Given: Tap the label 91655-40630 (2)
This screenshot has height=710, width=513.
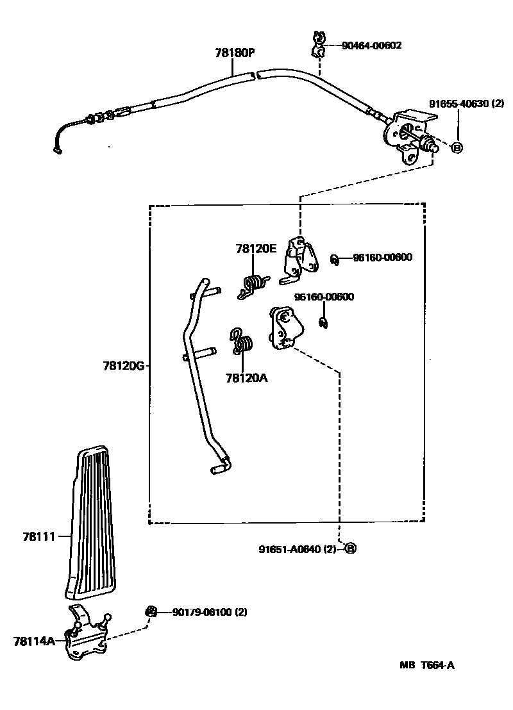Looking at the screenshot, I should tap(466, 103).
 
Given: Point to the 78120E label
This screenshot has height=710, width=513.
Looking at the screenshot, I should tap(256, 249).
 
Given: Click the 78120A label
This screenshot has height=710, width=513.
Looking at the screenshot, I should tap(246, 378).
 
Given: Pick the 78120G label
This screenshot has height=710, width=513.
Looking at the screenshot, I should tap(125, 367).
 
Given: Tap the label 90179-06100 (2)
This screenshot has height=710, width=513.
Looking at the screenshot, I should tap(209, 612).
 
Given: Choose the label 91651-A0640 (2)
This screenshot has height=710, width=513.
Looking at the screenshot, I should tap(298, 549).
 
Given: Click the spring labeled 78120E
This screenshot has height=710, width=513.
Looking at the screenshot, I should tap(255, 285).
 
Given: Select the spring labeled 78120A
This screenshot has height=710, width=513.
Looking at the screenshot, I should tap(242, 341).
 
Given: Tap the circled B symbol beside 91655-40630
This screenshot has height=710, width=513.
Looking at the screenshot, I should tap(457, 147).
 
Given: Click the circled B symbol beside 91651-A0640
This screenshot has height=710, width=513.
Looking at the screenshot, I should tap(350, 549).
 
